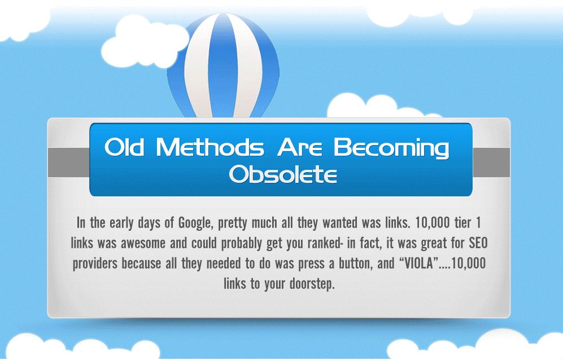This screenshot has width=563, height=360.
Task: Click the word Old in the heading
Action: (x=126, y=148)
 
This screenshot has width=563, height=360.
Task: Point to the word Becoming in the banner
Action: (x=391, y=149)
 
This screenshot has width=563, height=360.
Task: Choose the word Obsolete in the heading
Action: (x=282, y=175)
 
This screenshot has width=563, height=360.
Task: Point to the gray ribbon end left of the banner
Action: (x=68, y=163)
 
